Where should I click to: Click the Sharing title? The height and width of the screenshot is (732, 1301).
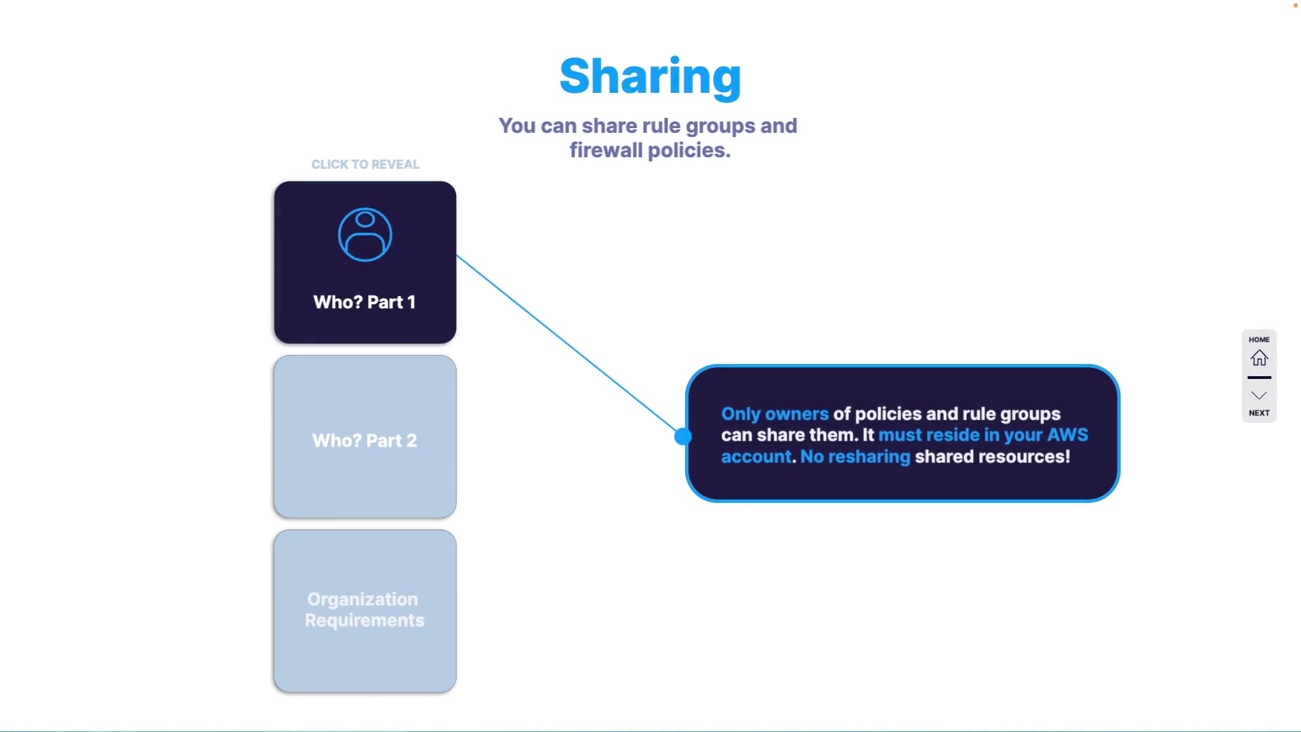click(650, 76)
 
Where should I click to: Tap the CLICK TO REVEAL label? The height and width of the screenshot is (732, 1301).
click(365, 165)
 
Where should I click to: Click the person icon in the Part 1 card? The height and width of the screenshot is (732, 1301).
click(365, 235)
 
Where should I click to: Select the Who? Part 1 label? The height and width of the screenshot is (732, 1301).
click(365, 302)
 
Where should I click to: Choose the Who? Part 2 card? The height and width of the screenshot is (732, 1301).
click(365, 437)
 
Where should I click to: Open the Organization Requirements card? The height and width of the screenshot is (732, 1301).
click(365, 611)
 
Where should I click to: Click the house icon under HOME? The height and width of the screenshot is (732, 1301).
click(1259, 358)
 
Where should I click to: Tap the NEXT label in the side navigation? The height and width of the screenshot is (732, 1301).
click(1259, 413)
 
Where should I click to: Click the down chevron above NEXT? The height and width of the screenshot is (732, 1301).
click(1259, 396)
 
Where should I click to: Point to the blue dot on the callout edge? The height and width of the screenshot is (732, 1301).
click(683, 436)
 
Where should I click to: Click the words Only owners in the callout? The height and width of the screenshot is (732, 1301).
click(775, 414)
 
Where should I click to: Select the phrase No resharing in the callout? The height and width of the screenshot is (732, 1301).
click(855, 457)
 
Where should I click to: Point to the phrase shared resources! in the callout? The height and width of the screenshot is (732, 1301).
click(992, 457)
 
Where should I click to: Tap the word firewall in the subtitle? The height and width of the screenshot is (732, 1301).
click(606, 150)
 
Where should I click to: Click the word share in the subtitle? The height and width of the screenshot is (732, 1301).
click(609, 126)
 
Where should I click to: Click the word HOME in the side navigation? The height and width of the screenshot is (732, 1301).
click(1259, 340)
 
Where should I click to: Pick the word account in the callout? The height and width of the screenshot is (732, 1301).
click(756, 457)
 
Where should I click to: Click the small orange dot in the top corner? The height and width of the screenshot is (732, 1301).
click(1295, 5)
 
